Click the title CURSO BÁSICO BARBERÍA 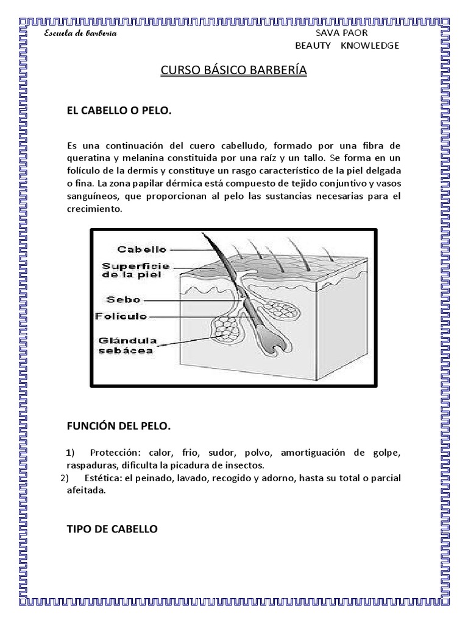(x=233, y=71)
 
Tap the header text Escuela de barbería (x=80, y=33)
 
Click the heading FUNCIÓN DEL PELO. (x=118, y=427)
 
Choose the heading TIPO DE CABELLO (x=112, y=529)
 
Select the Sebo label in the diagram (x=124, y=299)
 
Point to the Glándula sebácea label (x=128, y=344)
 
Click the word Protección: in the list (x=114, y=453)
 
